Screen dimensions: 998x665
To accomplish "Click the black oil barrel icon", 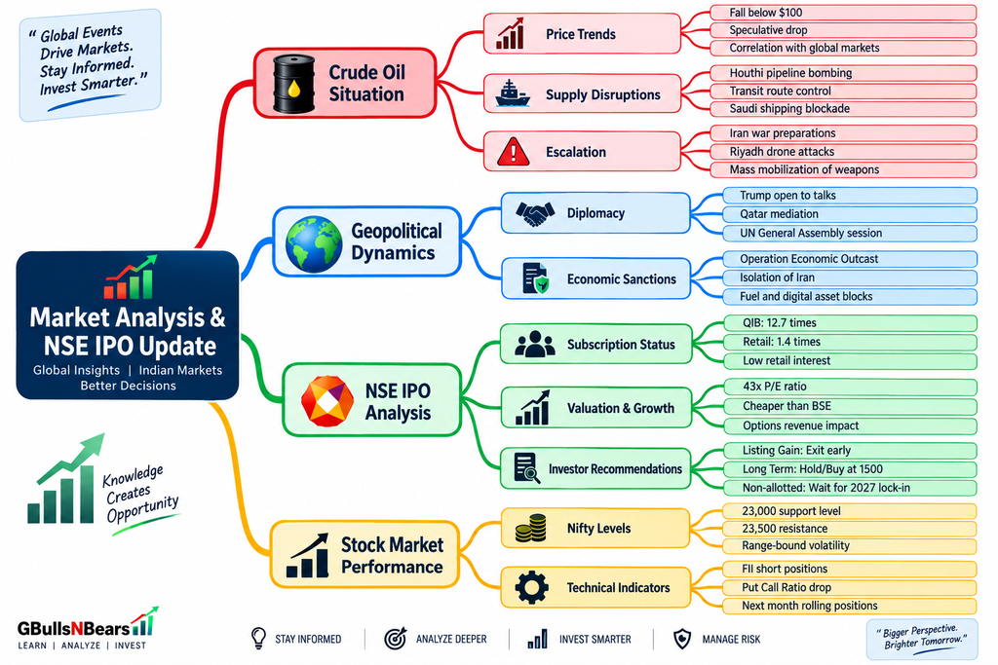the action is coord(294,84).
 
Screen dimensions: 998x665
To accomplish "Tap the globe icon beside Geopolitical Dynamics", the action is coord(314,244).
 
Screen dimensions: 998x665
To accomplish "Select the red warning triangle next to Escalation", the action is coord(513,152).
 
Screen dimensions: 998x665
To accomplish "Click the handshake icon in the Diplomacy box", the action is coord(535,213).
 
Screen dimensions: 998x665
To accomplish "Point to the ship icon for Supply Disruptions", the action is coord(513,93).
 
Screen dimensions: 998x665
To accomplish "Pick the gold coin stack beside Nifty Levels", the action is coord(531,529).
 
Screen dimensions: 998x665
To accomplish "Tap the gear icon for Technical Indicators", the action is coord(531,587).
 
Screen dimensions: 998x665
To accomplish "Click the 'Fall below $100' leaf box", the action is coord(843,12).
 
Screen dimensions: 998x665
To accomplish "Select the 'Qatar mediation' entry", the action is coord(850,214).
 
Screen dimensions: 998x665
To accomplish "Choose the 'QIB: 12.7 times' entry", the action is coord(850,323).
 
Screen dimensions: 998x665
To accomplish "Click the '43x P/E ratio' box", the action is coord(850,387).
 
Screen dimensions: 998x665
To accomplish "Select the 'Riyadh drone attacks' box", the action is coord(843,152).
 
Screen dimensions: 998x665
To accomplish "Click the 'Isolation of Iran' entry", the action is coord(850,277).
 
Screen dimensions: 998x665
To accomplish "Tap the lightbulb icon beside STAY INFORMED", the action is coord(258,638).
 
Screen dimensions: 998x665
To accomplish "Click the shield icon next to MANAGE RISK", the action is coord(682,639).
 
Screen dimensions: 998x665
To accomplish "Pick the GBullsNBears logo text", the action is coord(74,629).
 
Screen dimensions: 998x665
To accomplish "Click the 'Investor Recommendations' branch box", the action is coord(595,468).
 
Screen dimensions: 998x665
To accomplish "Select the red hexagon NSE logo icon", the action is coord(327,401).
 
